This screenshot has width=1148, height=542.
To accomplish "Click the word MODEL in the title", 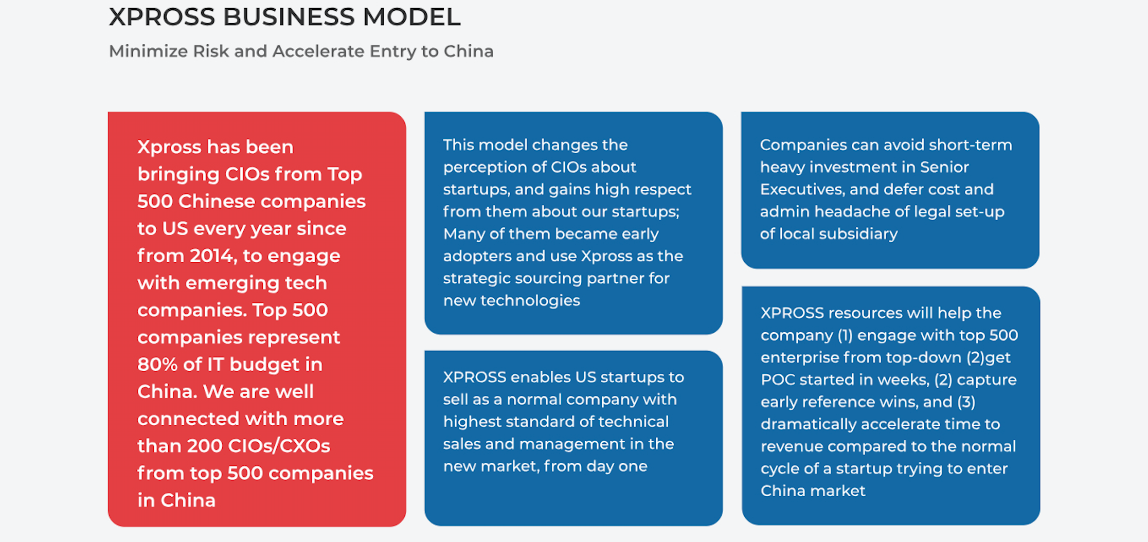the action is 411,17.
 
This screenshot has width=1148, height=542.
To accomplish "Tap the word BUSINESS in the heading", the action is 289,17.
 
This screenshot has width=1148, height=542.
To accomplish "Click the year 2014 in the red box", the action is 212,256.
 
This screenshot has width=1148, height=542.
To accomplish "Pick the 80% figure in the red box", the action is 157,364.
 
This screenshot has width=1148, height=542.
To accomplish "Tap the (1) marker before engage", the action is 846,335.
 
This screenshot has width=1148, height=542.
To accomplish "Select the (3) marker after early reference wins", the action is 966,402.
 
